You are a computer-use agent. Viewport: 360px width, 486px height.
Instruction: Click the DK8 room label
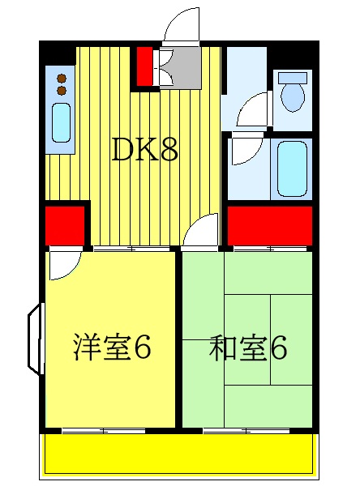[144, 149]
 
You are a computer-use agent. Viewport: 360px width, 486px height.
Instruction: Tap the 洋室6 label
[112, 349]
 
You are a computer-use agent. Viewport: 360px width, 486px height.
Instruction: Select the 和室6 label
[247, 349]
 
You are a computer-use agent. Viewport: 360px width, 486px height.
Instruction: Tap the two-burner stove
[61, 84]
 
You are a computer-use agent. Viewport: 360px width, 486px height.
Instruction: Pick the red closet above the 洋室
[65, 224]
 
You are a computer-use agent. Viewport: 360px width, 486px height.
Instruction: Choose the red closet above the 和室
[270, 224]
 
